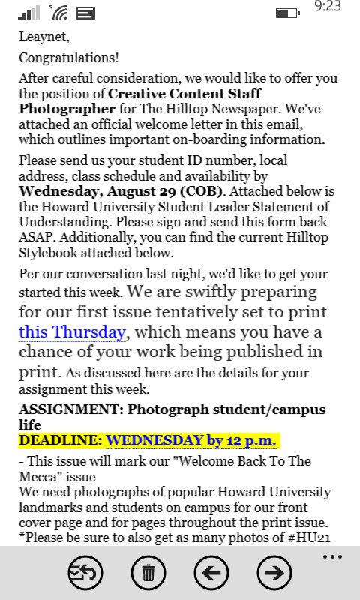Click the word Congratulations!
(69, 58)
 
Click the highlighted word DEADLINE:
(61, 439)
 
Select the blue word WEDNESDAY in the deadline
(154, 439)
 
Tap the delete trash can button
(148, 574)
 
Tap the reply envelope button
(85, 574)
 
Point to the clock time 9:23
(328, 7)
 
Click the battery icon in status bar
(286, 12)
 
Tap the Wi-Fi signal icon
(58, 12)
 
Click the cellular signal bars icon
(29, 12)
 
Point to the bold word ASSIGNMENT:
(70, 409)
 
